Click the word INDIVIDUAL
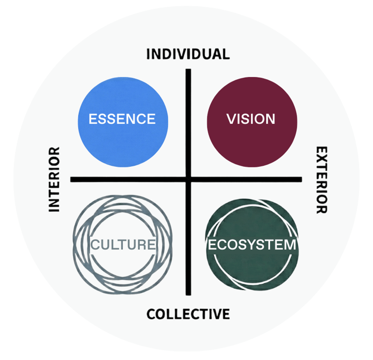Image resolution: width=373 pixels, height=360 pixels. pos(188,54)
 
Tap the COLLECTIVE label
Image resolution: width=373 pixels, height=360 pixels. pos(188,314)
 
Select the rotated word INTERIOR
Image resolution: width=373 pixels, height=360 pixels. pos(54,180)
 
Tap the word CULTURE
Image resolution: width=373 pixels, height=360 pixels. pos(123,245)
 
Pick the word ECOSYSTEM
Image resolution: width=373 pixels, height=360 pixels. pos(252,245)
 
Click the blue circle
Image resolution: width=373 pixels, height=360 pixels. pos(123,141)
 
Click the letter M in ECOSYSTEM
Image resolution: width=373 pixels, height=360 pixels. pos(289,245)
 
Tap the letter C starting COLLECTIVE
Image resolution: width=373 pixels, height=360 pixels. pos(152,314)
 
